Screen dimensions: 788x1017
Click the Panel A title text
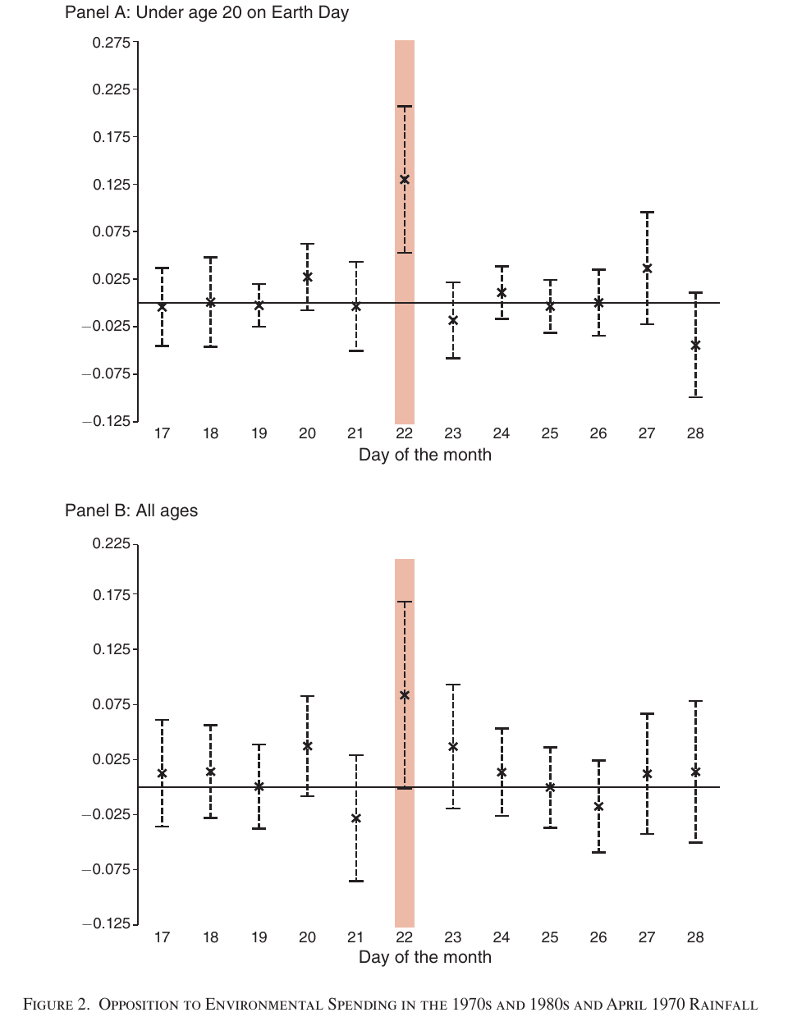click(x=207, y=12)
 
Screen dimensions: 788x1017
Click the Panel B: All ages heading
click(x=131, y=511)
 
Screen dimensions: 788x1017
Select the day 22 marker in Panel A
click(x=405, y=180)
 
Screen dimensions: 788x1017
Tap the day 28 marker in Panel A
click(x=696, y=346)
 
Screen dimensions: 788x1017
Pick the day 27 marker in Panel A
click(x=647, y=268)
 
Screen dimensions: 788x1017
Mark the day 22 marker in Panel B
click(x=405, y=695)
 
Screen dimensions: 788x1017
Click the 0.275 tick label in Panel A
click(x=112, y=43)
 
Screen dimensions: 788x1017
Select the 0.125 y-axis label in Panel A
click(x=112, y=185)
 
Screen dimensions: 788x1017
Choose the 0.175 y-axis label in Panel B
click(x=112, y=595)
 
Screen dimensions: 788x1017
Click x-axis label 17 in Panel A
click(x=162, y=433)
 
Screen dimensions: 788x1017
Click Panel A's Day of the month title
click(x=425, y=455)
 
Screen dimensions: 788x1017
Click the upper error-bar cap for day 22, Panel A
click(x=405, y=107)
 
